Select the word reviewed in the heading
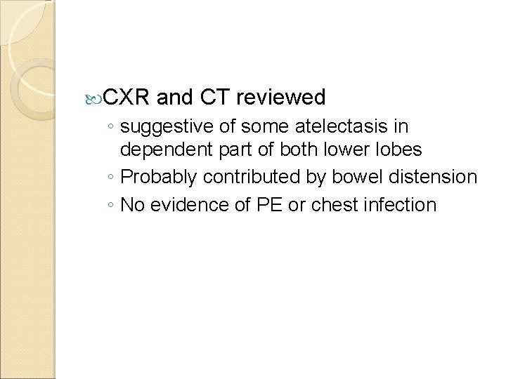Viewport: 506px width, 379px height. coord(282,96)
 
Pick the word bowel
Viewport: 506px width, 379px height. coord(342,177)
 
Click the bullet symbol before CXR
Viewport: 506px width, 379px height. coord(98,97)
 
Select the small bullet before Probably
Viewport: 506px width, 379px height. coord(112,178)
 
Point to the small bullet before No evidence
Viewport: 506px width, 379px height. coord(112,206)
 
